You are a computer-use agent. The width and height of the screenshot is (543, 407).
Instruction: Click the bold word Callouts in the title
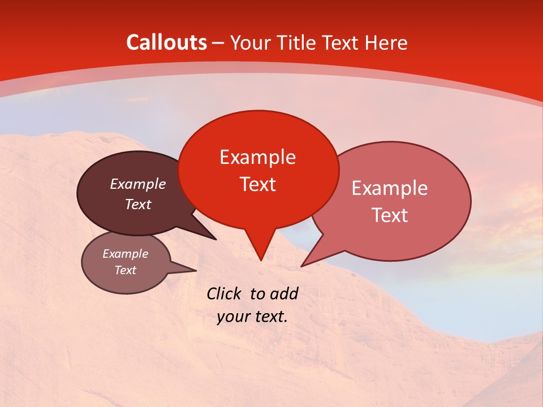166,42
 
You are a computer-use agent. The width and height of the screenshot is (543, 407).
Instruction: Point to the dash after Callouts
218,43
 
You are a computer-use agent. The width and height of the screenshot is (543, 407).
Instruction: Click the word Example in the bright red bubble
257,157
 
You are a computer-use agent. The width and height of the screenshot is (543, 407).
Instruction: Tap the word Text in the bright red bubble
257,184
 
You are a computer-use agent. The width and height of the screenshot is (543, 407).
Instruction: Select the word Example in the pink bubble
390,188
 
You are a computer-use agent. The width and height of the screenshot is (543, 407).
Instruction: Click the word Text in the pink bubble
390,215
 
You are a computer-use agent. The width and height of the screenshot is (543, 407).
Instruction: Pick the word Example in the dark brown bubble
137,184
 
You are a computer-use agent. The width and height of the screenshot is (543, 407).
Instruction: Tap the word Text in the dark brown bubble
137,204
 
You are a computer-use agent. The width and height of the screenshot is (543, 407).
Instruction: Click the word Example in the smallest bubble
125,254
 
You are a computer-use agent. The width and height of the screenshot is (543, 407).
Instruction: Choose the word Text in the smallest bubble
125,270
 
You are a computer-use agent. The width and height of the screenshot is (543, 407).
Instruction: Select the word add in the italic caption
283,293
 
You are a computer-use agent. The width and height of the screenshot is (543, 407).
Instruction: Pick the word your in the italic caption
232,317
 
